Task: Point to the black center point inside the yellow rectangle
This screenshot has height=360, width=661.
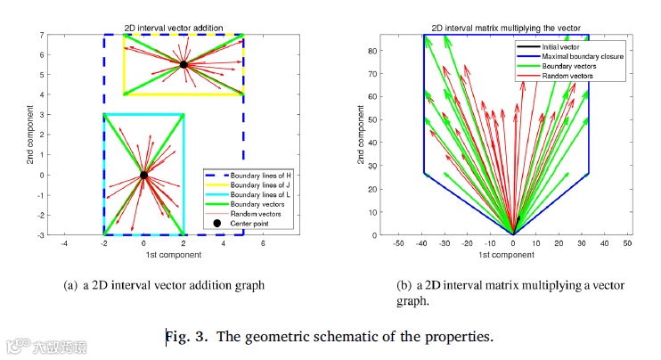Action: pyautogui.click(x=184, y=65)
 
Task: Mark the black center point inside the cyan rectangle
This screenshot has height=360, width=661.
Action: pyautogui.click(x=143, y=175)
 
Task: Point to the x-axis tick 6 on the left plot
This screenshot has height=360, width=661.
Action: pyautogui.click(x=264, y=243)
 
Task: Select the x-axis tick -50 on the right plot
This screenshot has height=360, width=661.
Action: pyautogui.click(x=398, y=243)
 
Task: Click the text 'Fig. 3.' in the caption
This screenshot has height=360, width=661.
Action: pyautogui.click(x=186, y=337)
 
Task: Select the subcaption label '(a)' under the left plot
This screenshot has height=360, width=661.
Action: pyautogui.click(x=71, y=285)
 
